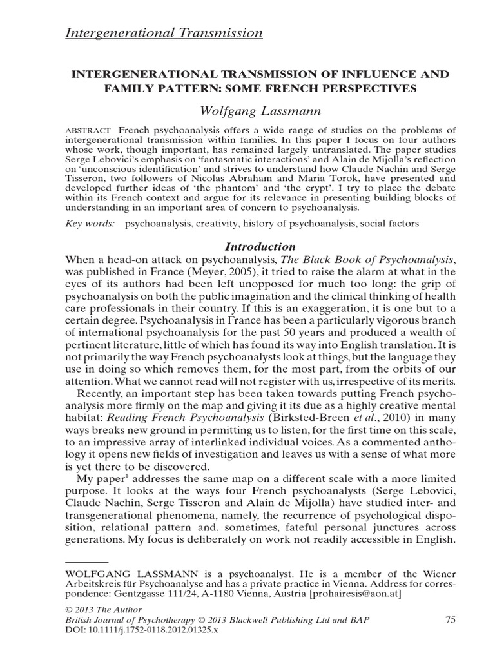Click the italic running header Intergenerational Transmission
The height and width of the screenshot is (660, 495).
tap(164, 33)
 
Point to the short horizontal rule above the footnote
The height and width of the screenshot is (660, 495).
tap(87, 562)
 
